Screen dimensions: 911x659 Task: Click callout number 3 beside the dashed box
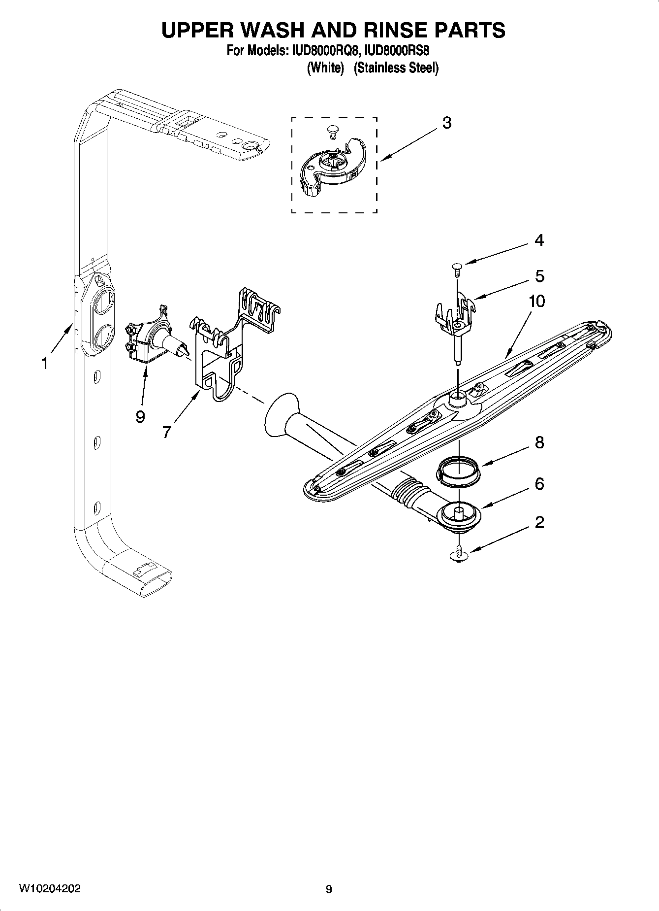[446, 123]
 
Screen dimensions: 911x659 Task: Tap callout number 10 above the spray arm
[536, 301]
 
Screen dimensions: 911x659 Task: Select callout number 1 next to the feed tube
[45, 364]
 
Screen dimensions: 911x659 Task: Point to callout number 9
[140, 417]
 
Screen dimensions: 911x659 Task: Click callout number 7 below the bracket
[166, 432]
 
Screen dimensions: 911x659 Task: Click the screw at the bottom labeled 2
[459, 556]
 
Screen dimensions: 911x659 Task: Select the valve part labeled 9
[150, 341]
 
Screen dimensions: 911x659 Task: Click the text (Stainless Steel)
[396, 68]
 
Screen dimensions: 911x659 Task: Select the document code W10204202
[50, 889]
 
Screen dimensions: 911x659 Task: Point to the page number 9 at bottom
[329, 889]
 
